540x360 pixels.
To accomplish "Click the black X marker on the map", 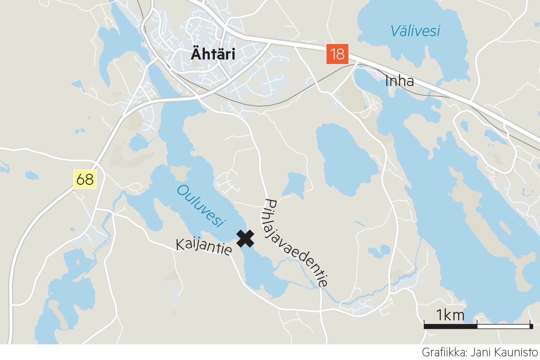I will pos(246,238).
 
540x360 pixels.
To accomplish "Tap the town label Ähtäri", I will pos(213,55).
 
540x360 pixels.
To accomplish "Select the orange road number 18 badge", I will pos(337,54).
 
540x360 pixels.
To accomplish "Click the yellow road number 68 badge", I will pos(85,180).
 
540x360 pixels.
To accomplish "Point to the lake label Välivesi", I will pos(415,31).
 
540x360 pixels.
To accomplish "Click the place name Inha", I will pos(399,81).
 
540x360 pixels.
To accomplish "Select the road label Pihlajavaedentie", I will pos(296,243).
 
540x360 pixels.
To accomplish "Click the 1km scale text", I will pos(450,315).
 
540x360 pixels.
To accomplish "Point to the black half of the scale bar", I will pos(450,326).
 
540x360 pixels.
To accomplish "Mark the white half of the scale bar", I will pos(503,326).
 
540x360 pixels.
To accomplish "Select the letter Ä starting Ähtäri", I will pos(196,54).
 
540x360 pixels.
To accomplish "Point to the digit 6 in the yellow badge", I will pos(81,180).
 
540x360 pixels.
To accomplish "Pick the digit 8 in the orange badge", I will pos(341,54).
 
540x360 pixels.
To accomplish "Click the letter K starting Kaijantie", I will pos(180,245).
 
